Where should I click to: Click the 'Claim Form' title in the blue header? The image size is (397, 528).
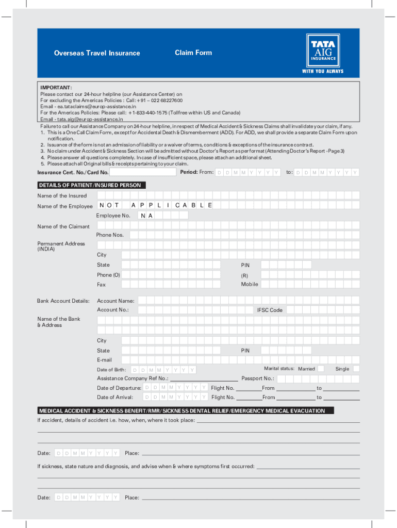(x=193, y=53)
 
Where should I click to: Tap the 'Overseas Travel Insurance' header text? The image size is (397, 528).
(x=97, y=53)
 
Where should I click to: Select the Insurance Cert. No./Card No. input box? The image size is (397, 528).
(x=143, y=172)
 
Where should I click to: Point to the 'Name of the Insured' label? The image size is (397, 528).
(x=62, y=196)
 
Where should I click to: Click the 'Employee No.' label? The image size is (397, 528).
(x=113, y=216)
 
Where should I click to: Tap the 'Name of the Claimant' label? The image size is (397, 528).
(x=63, y=226)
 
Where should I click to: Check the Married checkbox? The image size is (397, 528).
(x=321, y=369)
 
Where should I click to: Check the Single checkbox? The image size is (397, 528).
(x=356, y=369)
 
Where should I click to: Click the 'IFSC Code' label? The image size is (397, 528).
(x=270, y=310)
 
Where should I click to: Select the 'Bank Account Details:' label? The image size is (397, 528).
(x=63, y=301)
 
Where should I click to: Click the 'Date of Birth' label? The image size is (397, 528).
(x=111, y=370)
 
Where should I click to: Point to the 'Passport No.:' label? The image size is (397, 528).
(x=257, y=378)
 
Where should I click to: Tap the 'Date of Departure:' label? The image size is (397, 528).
(x=119, y=388)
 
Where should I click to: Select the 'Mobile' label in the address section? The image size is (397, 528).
(x=250, y=284)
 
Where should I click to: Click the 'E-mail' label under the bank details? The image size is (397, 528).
(x=104, y=360)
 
